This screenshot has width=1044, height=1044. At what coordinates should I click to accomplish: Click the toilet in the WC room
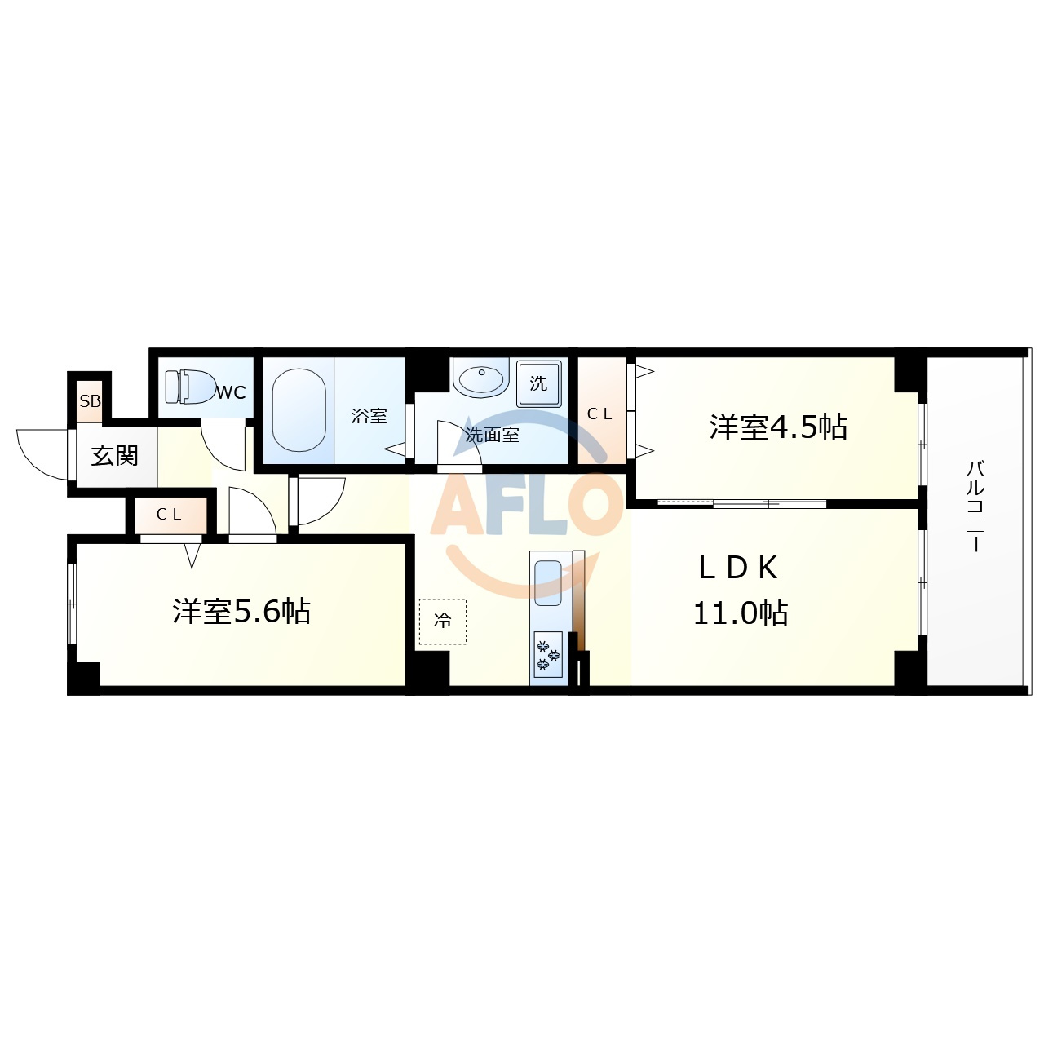coord(190,387)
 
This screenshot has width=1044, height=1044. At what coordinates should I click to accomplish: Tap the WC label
coord(232,392)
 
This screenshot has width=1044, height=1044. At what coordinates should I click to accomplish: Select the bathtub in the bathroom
coord(299,410)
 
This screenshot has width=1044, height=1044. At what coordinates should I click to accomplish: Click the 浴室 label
coord(369,416)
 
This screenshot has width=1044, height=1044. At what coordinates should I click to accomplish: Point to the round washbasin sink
coord(481,378)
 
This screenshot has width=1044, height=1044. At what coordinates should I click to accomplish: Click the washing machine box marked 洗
coord(538,383)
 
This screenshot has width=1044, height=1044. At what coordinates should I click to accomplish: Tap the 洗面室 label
coord(493,435)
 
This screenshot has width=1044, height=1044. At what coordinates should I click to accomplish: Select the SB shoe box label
coord(90,401)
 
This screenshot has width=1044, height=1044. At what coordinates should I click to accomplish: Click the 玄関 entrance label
coord(115,456)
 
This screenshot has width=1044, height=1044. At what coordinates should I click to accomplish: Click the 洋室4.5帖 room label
coord(778,427)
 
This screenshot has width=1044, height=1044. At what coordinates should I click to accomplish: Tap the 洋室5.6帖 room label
coord(241,611)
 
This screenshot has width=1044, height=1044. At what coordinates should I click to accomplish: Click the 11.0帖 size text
coord(741,613)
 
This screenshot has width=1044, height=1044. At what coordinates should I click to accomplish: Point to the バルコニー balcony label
coord(976,506)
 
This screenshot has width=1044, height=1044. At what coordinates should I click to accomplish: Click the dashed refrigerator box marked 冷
coord(443,621)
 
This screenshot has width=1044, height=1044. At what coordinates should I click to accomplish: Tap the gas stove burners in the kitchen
coord(548,654)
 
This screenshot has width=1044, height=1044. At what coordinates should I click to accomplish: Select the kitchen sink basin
coord(548,583)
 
